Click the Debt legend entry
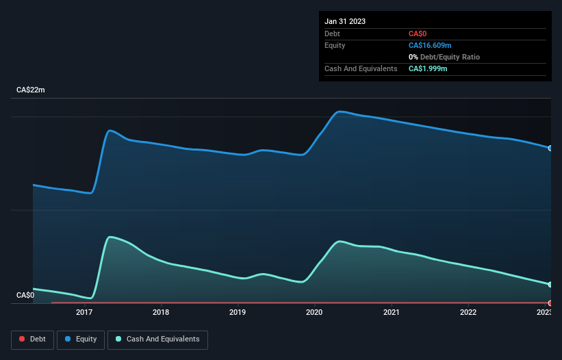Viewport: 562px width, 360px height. tap(31, 339)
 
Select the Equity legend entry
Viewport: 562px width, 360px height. tap(81, 339)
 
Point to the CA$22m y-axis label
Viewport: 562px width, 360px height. tap(31, 90)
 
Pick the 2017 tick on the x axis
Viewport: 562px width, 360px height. tap(84, 313)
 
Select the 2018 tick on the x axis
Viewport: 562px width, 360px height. tap(161, 313)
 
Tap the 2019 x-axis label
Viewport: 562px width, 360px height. tap(238, 313)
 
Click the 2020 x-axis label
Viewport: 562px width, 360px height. tap(314, 313)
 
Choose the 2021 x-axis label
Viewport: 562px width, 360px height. tap(391, 313)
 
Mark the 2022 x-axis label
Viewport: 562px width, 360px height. tap(468, 313)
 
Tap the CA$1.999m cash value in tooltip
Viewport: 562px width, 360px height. tap(428, 69)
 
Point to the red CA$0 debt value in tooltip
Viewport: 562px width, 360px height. tap(418, 34)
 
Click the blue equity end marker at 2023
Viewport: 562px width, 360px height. tap(550, 148)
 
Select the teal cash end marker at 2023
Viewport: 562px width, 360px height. tap(550, 285)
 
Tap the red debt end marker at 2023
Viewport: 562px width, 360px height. tap(550, 303)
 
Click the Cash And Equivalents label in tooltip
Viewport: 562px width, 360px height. tap(361, 69)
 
